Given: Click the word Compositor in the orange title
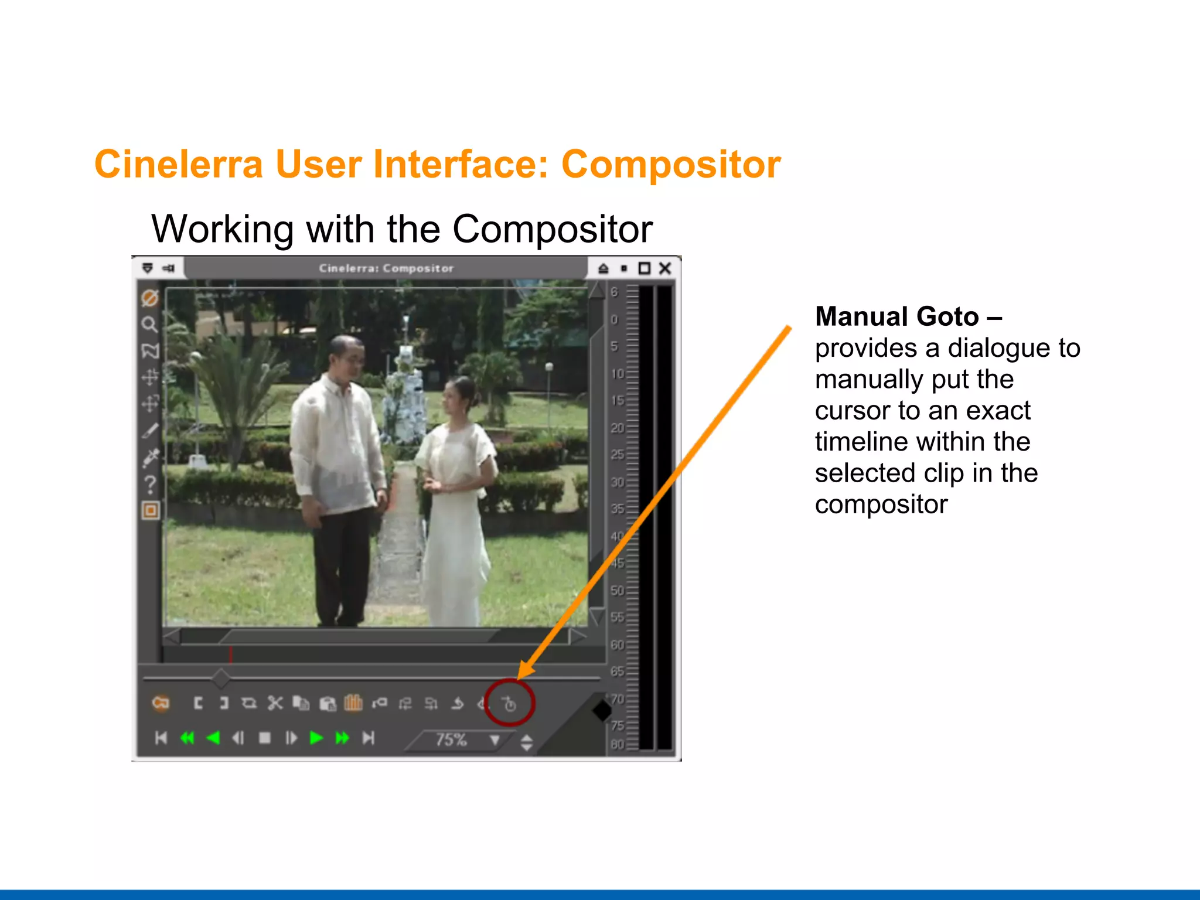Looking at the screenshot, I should point(671,164).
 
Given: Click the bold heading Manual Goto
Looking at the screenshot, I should point(896,317).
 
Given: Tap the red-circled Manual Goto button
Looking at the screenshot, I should point(509,704).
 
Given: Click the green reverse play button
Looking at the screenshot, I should point(213,738).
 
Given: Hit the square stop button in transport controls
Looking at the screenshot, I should point(265,738).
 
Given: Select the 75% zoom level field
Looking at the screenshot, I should point(451,740).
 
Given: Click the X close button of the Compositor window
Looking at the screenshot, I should point(665,268).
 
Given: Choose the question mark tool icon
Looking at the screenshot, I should point(150,485).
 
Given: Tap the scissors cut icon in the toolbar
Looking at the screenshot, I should point(275,703).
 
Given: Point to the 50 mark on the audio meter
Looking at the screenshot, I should point(617,591).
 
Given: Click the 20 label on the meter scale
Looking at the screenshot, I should point(617,428).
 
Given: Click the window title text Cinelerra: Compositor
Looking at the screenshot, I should point(386,268).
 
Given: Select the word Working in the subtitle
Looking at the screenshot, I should point(223,229).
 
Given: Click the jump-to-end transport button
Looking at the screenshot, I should point(368,738).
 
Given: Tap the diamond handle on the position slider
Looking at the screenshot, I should point(221,679).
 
